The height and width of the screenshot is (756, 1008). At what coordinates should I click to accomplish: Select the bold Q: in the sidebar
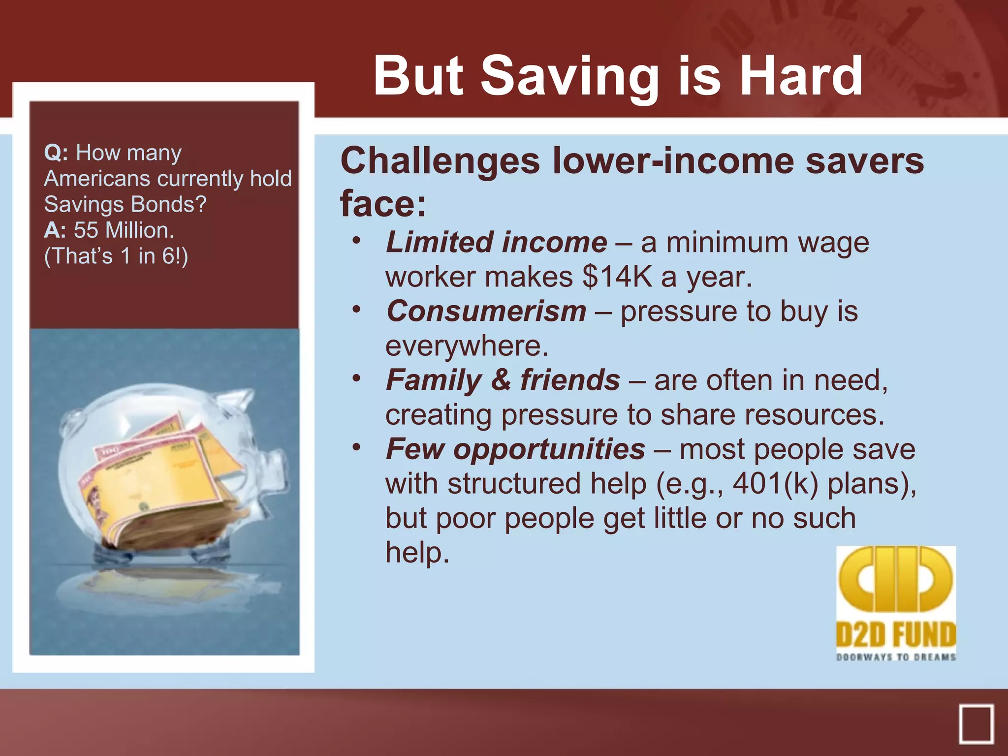[x=56, y=153]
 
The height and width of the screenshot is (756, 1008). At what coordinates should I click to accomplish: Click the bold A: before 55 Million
[x=55, y=230]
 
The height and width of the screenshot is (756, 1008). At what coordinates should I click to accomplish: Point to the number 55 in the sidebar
[x=86, y=230]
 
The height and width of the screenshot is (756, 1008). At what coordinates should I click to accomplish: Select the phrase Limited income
[x=496, y=243]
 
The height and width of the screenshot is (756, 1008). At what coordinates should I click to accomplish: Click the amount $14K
[x=617, y=277]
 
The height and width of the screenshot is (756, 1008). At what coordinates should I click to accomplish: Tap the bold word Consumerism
[x=486, y=312]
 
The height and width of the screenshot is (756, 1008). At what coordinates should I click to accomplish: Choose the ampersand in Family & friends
[x=501, y=380]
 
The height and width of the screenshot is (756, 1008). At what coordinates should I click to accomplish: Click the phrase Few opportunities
[x=515, y=449]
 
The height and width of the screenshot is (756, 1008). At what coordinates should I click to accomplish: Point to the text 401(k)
[x=775, y=484]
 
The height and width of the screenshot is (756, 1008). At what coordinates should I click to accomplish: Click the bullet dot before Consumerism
[x=357, y=310]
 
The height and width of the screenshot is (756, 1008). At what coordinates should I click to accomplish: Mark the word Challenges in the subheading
[x=440, y=161]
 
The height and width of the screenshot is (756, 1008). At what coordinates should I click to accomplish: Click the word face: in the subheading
[x=383, y=203]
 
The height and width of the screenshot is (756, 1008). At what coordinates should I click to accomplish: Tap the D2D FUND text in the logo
[x=895, y=634]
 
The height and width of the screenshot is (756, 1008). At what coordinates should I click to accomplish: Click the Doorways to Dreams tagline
[x=895, y=657]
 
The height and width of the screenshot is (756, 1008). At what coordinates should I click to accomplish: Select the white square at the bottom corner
[x=976, y=724]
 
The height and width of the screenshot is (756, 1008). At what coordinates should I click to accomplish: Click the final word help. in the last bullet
[x=417, y=553]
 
